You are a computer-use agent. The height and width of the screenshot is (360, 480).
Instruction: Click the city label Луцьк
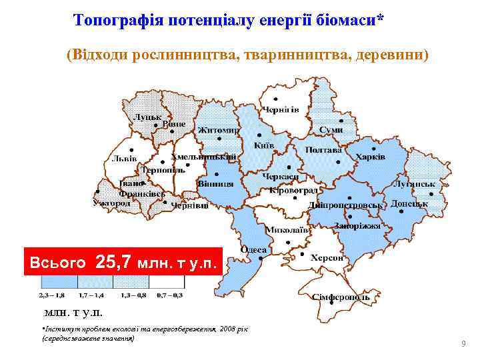pos(148,117)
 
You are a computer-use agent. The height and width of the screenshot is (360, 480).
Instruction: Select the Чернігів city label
pos(280,109)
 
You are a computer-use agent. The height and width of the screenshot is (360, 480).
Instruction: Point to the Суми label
pos(331,129)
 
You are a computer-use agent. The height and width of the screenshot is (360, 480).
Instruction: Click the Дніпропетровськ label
pos(345,205)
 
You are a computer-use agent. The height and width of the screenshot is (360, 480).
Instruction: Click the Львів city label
pos(124,159)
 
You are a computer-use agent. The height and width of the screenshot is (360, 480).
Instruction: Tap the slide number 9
pos(463,344)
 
